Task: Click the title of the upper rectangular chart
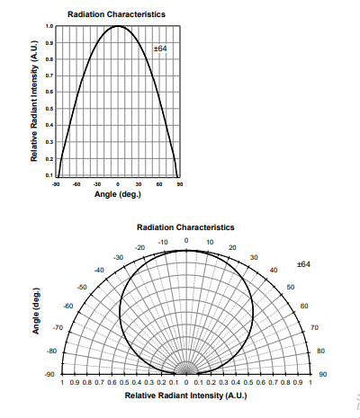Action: (x=116, y=14)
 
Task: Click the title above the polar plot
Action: (x=185, y=227)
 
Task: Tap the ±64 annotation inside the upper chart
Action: (x=160, y=49)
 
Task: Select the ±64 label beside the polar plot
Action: (x=303, y=264)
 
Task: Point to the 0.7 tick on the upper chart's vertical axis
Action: (x=49, y=76)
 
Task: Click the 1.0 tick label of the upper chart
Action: (x=49, y=26)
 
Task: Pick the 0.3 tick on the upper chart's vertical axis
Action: (x=49, y=142)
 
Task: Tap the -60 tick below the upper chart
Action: (x=76, y=184)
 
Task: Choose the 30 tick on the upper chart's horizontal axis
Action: (x=139, y=184)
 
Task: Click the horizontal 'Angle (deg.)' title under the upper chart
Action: (x=118, y=194)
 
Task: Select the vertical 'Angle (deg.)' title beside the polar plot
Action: (x=36, y=311)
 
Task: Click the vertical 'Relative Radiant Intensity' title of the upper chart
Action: (x=34, y=101)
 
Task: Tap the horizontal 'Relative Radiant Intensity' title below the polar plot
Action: (x=185, y=396)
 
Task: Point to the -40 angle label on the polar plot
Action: (x=99, y=271)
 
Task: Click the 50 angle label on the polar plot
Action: (x=291, y=287)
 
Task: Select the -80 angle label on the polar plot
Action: (x=51, y=351)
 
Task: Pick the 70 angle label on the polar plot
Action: (x=314, y=327)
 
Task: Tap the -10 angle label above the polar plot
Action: (x=163, y=242)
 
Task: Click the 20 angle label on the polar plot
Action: (x=232, y=247)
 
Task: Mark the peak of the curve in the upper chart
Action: (x=118, y=26)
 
